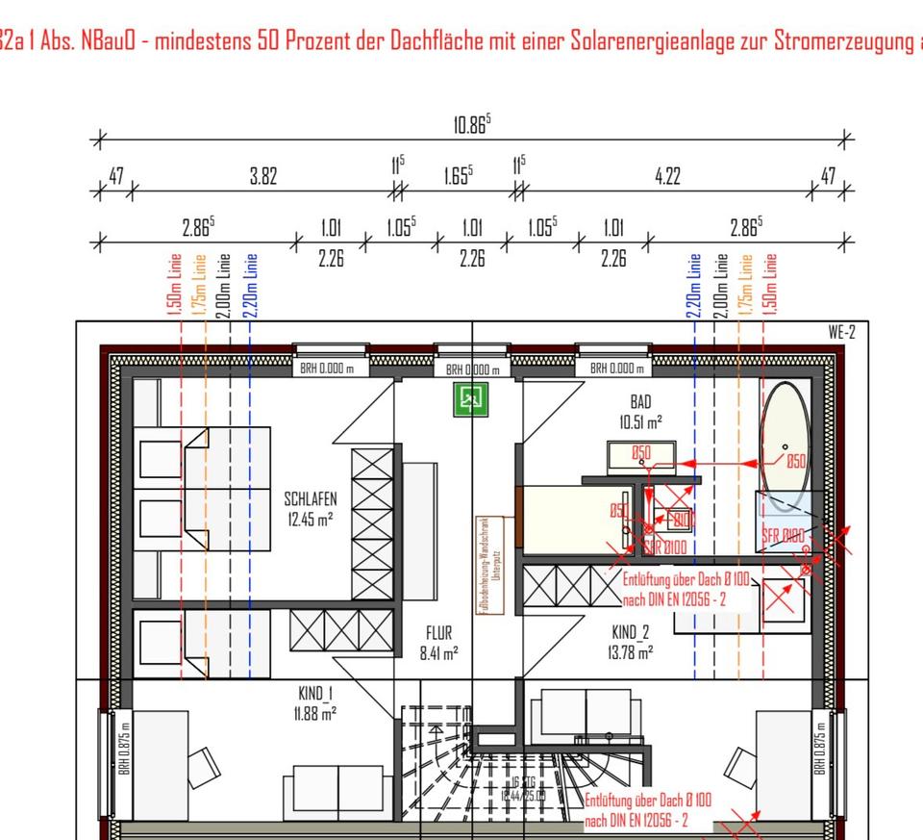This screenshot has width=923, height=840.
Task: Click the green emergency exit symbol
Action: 471,399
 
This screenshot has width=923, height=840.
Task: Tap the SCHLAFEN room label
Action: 310,509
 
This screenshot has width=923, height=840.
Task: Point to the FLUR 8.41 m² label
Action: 437,643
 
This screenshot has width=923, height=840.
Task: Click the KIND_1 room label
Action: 315,702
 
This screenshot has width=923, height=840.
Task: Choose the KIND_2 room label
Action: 632,643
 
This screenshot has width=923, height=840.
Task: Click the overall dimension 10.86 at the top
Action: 471,125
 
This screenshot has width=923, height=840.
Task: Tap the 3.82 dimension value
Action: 262,177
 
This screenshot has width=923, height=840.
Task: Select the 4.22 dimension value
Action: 667,177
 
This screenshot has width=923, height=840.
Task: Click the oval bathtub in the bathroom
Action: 785,440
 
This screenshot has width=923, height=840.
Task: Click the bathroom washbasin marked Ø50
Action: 641,452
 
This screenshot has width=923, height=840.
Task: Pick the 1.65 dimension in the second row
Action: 458,177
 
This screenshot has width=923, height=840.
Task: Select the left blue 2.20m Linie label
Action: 252,283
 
